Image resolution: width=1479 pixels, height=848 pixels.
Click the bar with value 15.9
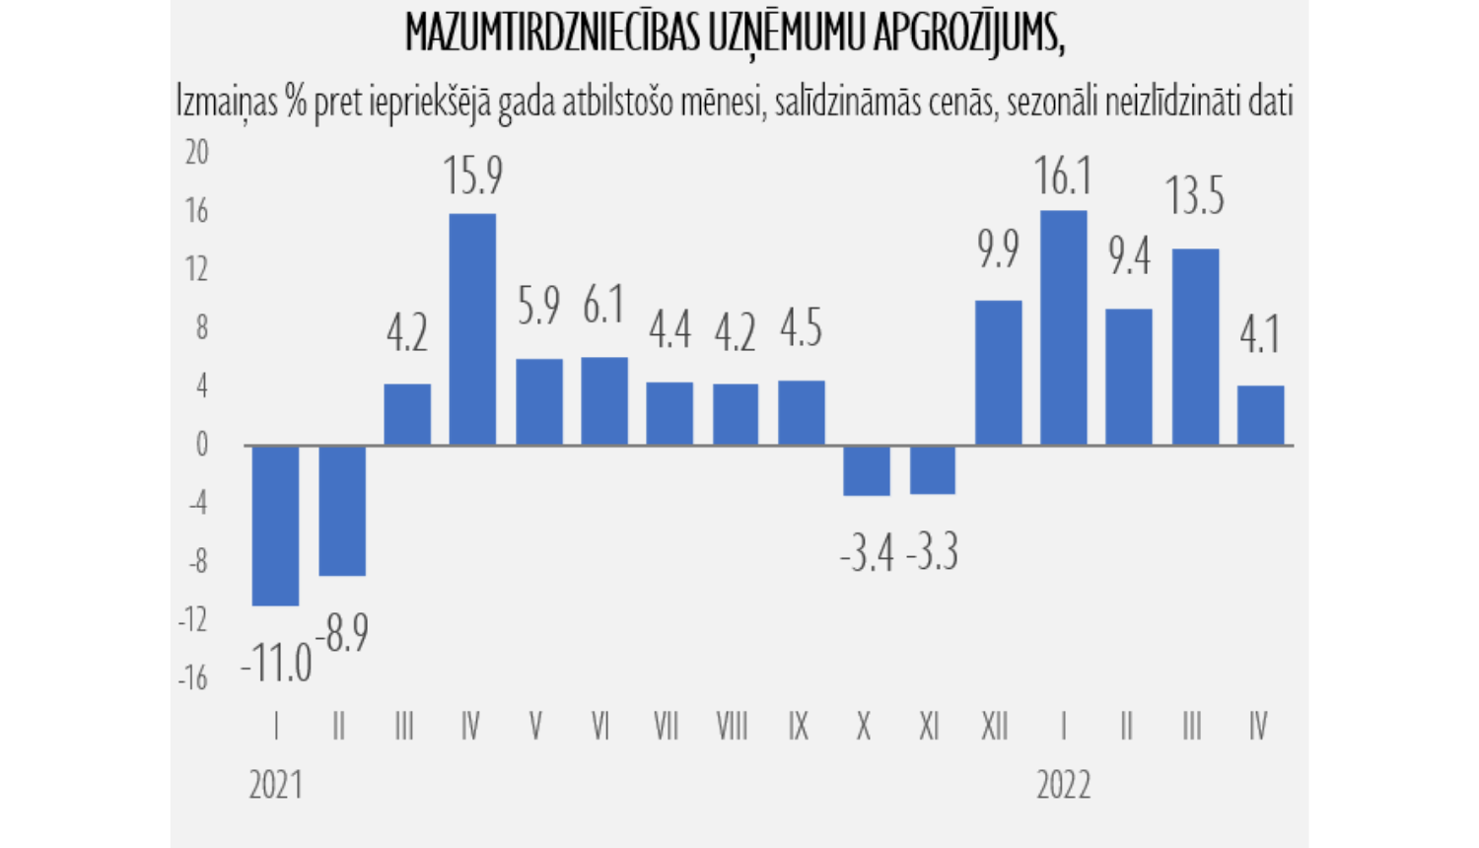pos(472,329)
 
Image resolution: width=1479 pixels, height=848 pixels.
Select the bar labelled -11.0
pos(276,526)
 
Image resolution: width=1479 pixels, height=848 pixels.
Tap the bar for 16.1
pos(1063,328)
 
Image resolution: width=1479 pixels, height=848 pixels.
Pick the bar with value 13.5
pos(1195,347)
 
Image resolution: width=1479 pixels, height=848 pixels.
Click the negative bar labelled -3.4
pos(866,470)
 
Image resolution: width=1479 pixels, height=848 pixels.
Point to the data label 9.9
pos(998,249)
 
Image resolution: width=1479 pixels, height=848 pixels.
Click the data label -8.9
pos(342,633)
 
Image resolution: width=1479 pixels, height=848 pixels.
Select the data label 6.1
pos(603,305)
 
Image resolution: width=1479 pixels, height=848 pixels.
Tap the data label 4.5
pos(801,328)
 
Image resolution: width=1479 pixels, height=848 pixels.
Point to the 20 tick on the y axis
pos(197,153)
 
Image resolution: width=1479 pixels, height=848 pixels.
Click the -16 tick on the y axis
pos(194,678)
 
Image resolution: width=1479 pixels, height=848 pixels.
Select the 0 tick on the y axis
pos(202,445)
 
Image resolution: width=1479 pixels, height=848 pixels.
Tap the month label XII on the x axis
pos(995,728)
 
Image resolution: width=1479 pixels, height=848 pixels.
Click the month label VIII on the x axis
pos(732,728)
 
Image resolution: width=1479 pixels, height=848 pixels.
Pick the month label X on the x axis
pos(864,728)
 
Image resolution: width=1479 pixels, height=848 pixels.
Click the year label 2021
pos(275,786)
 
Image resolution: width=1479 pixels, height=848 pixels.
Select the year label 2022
pos(1063,786)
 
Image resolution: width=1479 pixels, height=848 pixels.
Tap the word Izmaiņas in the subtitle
pos(228,102)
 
